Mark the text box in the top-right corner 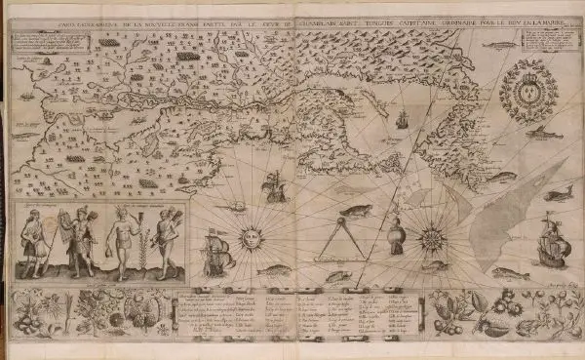click(546, 41)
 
